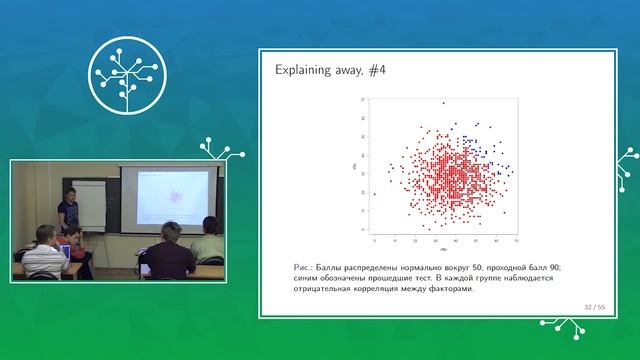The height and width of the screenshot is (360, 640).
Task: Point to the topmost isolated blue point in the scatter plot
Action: (x=444, y=103)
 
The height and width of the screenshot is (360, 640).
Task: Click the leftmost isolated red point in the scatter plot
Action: (x=375, y=193)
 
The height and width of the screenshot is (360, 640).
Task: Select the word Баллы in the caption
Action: (x=337, y=268)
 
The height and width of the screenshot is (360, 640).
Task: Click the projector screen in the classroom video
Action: (x=170, y=194)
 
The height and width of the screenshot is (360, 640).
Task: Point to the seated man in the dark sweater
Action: (x=166, y=254)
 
